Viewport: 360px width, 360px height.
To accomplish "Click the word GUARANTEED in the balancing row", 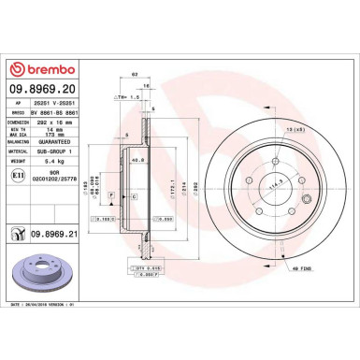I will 78,139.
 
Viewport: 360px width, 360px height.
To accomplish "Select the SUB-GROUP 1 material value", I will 78,150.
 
